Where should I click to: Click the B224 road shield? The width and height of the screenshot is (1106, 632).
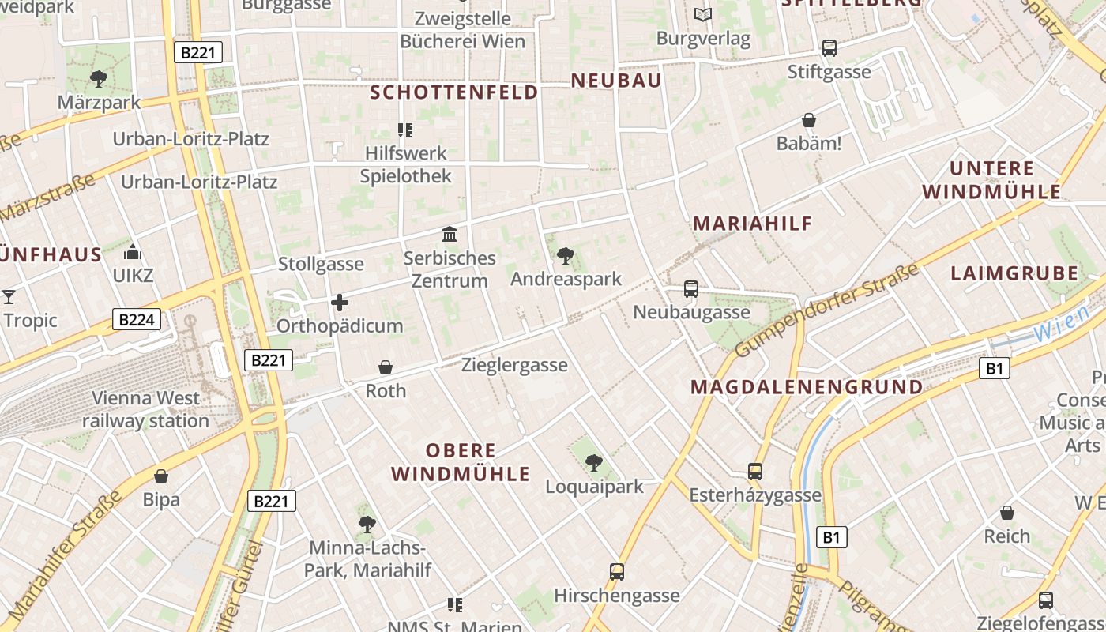pos(137,319)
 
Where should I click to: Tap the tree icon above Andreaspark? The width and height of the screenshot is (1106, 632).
pos(565,256)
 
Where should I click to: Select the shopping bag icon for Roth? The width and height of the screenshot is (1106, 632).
pos(386,367)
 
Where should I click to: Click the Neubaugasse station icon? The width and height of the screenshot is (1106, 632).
pos(691,289)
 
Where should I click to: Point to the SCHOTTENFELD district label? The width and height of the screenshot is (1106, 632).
pos(454,92)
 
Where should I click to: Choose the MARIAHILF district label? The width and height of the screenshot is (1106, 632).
pos(753,224)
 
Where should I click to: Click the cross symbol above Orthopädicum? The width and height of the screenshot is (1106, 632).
pos(340,303)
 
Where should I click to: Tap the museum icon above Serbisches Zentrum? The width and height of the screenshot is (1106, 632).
pos(450,235)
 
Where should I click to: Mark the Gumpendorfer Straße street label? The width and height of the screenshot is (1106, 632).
pos(827,310)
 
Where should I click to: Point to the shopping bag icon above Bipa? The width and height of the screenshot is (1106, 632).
pos(161,476)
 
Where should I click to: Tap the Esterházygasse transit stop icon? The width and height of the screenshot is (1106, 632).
pos(755,472)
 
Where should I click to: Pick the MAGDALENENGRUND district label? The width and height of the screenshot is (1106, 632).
pos(807,387)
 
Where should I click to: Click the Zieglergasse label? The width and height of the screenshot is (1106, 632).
pos(514,365)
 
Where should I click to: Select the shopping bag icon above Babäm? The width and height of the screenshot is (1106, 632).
pos(809,120)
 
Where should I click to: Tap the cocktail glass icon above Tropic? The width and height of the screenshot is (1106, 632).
pos(9,297)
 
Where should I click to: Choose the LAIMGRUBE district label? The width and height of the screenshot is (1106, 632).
pos(1014,274)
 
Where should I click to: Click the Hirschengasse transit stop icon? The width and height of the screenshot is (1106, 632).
pos(617,571)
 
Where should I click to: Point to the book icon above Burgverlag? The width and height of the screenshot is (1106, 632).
pos(703,14)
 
